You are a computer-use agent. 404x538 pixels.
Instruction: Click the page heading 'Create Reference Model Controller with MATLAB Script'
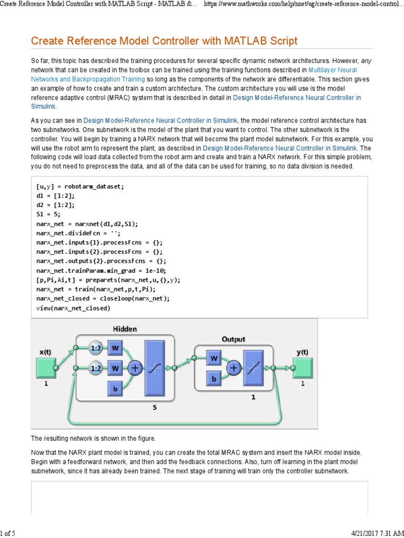[x=164, y=41]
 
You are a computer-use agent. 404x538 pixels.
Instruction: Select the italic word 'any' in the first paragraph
[x=366, y=61]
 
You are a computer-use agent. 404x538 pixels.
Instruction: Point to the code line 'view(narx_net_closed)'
[x=73, y=308]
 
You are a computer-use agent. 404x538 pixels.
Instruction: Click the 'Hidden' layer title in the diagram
[x=125, y=329]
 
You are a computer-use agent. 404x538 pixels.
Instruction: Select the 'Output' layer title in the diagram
[x=233, y=339]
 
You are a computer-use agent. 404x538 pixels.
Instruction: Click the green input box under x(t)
[x=46, y=368]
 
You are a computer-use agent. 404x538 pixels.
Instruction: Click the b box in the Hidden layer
[x=115, y=388]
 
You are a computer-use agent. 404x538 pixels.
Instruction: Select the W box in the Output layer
[x=214, y=359]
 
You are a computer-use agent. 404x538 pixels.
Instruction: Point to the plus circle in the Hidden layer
[x=135, y=368]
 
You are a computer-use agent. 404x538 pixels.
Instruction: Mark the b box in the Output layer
[x=214, y=379]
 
